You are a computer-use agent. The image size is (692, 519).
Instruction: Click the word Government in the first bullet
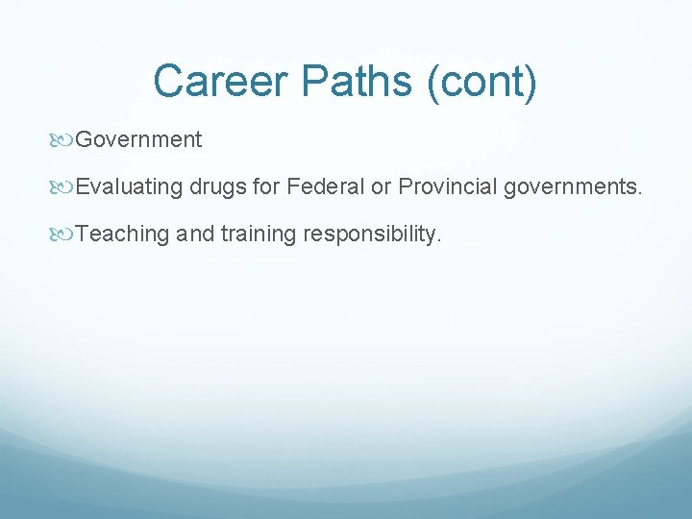coord(138,140)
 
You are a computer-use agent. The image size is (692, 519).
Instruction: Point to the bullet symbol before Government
coord(65,140)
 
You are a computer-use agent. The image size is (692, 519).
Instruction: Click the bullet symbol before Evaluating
coord(65,186)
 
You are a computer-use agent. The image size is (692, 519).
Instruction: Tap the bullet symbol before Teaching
coord(65,234)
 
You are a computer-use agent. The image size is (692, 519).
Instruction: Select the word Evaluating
coord(129,186)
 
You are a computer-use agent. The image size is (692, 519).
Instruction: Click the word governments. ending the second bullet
coord(571,187)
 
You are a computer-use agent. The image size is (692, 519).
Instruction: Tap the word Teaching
coord(122,234)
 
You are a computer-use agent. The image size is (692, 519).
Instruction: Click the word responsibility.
coord(369,234)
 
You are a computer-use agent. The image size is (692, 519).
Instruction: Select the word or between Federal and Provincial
coord(382,186)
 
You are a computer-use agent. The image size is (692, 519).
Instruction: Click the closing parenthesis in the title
coord(531,81)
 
